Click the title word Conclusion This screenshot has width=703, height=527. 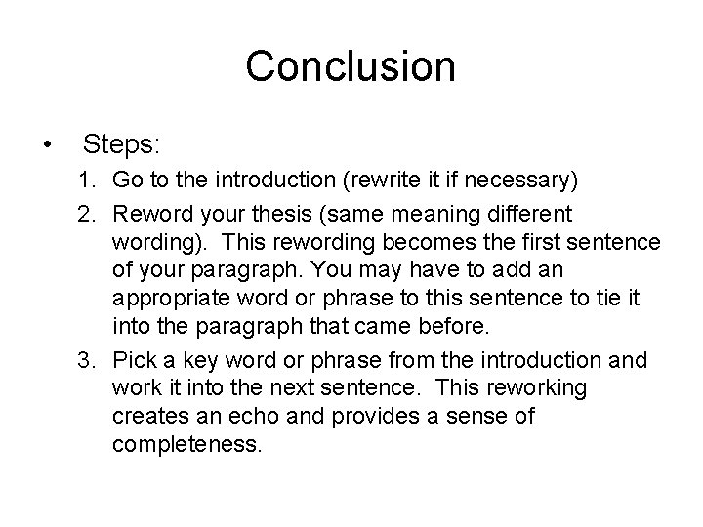(x=351, y=66)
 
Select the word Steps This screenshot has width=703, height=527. (x=122, y=145)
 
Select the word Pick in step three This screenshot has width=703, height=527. (x=133, y=361)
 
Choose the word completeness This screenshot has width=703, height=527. (x=187, y=445)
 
